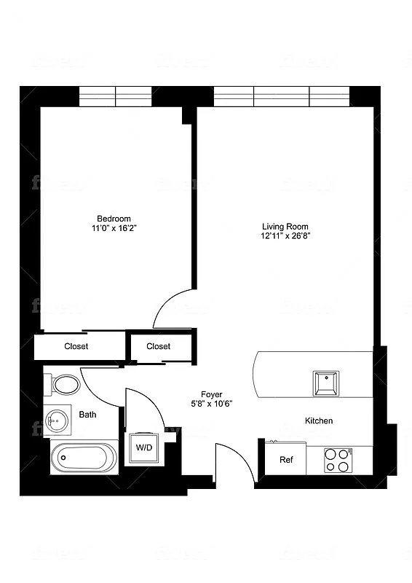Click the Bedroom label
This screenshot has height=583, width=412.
click(x=114, y=219)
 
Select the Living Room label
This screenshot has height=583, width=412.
click(x=285, y=227)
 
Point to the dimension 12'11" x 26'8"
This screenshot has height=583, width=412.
click(x=285, y=236)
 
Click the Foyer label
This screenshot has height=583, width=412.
click(x=212, y=394)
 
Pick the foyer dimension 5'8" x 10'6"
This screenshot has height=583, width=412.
click(x=212, y=404)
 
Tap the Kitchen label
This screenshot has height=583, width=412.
click(x=319, y=421)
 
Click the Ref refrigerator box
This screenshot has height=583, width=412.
click(x=285, y=460)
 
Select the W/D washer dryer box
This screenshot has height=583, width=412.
click(x=144, y=447)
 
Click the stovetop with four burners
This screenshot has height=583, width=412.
click(x=338, y=460)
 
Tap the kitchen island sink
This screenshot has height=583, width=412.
click(x=325, y=383)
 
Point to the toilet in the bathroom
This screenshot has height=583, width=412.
click(x=64, y=384)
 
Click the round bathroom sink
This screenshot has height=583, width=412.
click(x=57, y=419)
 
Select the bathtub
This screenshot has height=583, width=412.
click(x=84, y=458)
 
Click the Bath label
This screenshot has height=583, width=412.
click(x=87, y=415)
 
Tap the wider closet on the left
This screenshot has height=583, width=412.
click(x=76, y=347)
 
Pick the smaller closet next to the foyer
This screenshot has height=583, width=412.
click(x=159, y=347)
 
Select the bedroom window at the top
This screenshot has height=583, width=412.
click(x=115, y=95)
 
